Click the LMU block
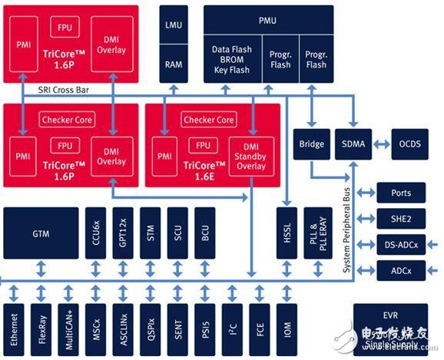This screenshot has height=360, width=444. click(174, 25)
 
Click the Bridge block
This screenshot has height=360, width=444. click(312, 144)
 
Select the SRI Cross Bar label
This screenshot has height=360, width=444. click(64, 91)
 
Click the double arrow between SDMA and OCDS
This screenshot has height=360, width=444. click(382, 144)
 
